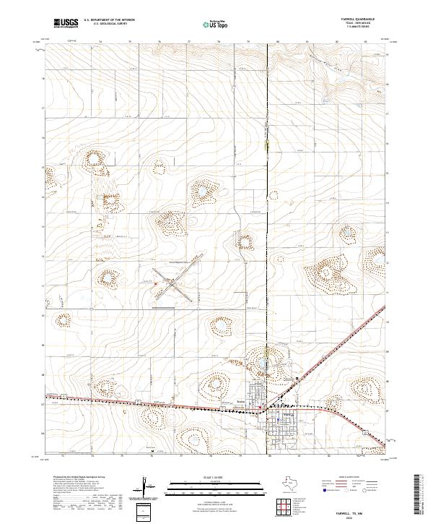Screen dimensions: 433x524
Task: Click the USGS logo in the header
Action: pyautogui.click(x=64, y=24)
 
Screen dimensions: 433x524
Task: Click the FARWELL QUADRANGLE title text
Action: pyautogui.click(x=358, y=20)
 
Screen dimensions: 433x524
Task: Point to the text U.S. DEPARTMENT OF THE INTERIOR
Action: pyautogui.click(x=109, y=21)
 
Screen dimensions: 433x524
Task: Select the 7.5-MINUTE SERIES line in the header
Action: pyautogui.click(x=358, y=29)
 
